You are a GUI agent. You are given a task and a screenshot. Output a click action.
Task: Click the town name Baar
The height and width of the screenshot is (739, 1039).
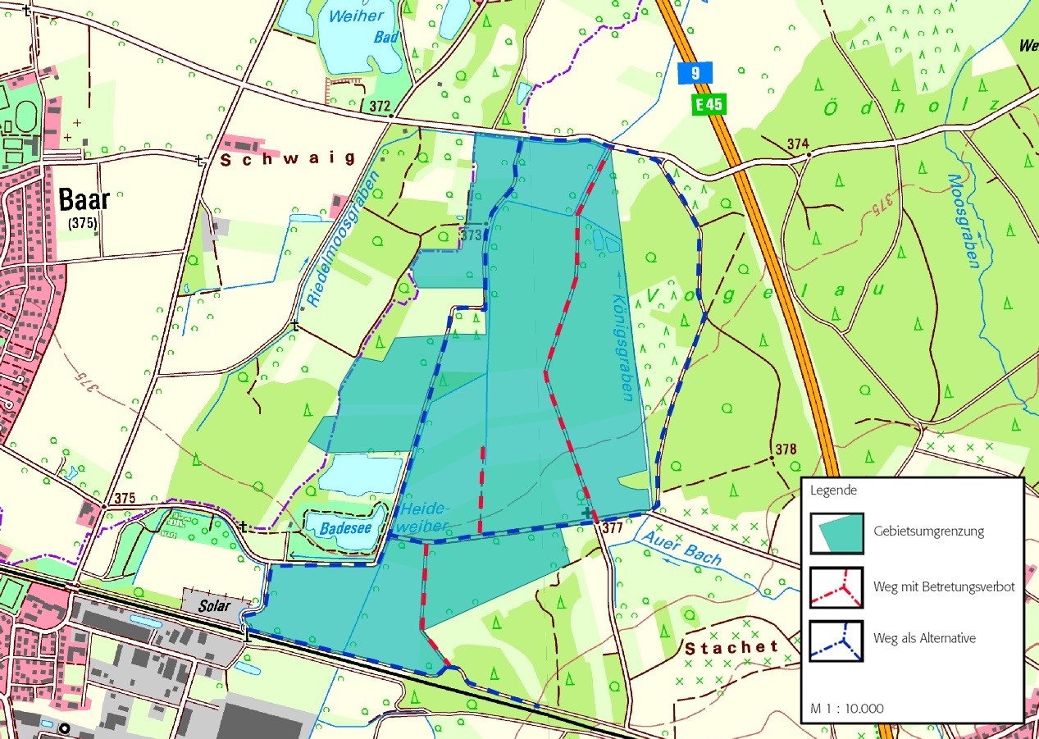[84, 199]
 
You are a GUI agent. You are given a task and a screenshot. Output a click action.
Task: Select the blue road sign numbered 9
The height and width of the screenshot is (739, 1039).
[695, 73]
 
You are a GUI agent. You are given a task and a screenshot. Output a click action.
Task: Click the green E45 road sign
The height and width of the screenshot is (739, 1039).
[709, 104]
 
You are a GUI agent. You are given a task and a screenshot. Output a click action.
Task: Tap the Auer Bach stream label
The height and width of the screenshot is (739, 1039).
[682, 549]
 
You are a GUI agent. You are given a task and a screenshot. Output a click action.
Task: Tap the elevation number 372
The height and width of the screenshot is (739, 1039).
[380, 106]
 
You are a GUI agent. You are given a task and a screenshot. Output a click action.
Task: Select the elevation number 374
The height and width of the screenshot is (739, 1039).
[797, 144]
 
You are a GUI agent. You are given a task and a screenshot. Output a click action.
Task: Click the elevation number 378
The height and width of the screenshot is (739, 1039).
[785, 449]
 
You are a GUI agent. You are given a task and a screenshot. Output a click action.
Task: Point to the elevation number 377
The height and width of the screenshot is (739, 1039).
[612, 527]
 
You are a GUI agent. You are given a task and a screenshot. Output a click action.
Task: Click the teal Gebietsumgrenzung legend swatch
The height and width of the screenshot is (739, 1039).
[836, 533]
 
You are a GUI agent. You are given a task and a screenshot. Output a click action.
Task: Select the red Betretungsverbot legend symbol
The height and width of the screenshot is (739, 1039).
[836, 588]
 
